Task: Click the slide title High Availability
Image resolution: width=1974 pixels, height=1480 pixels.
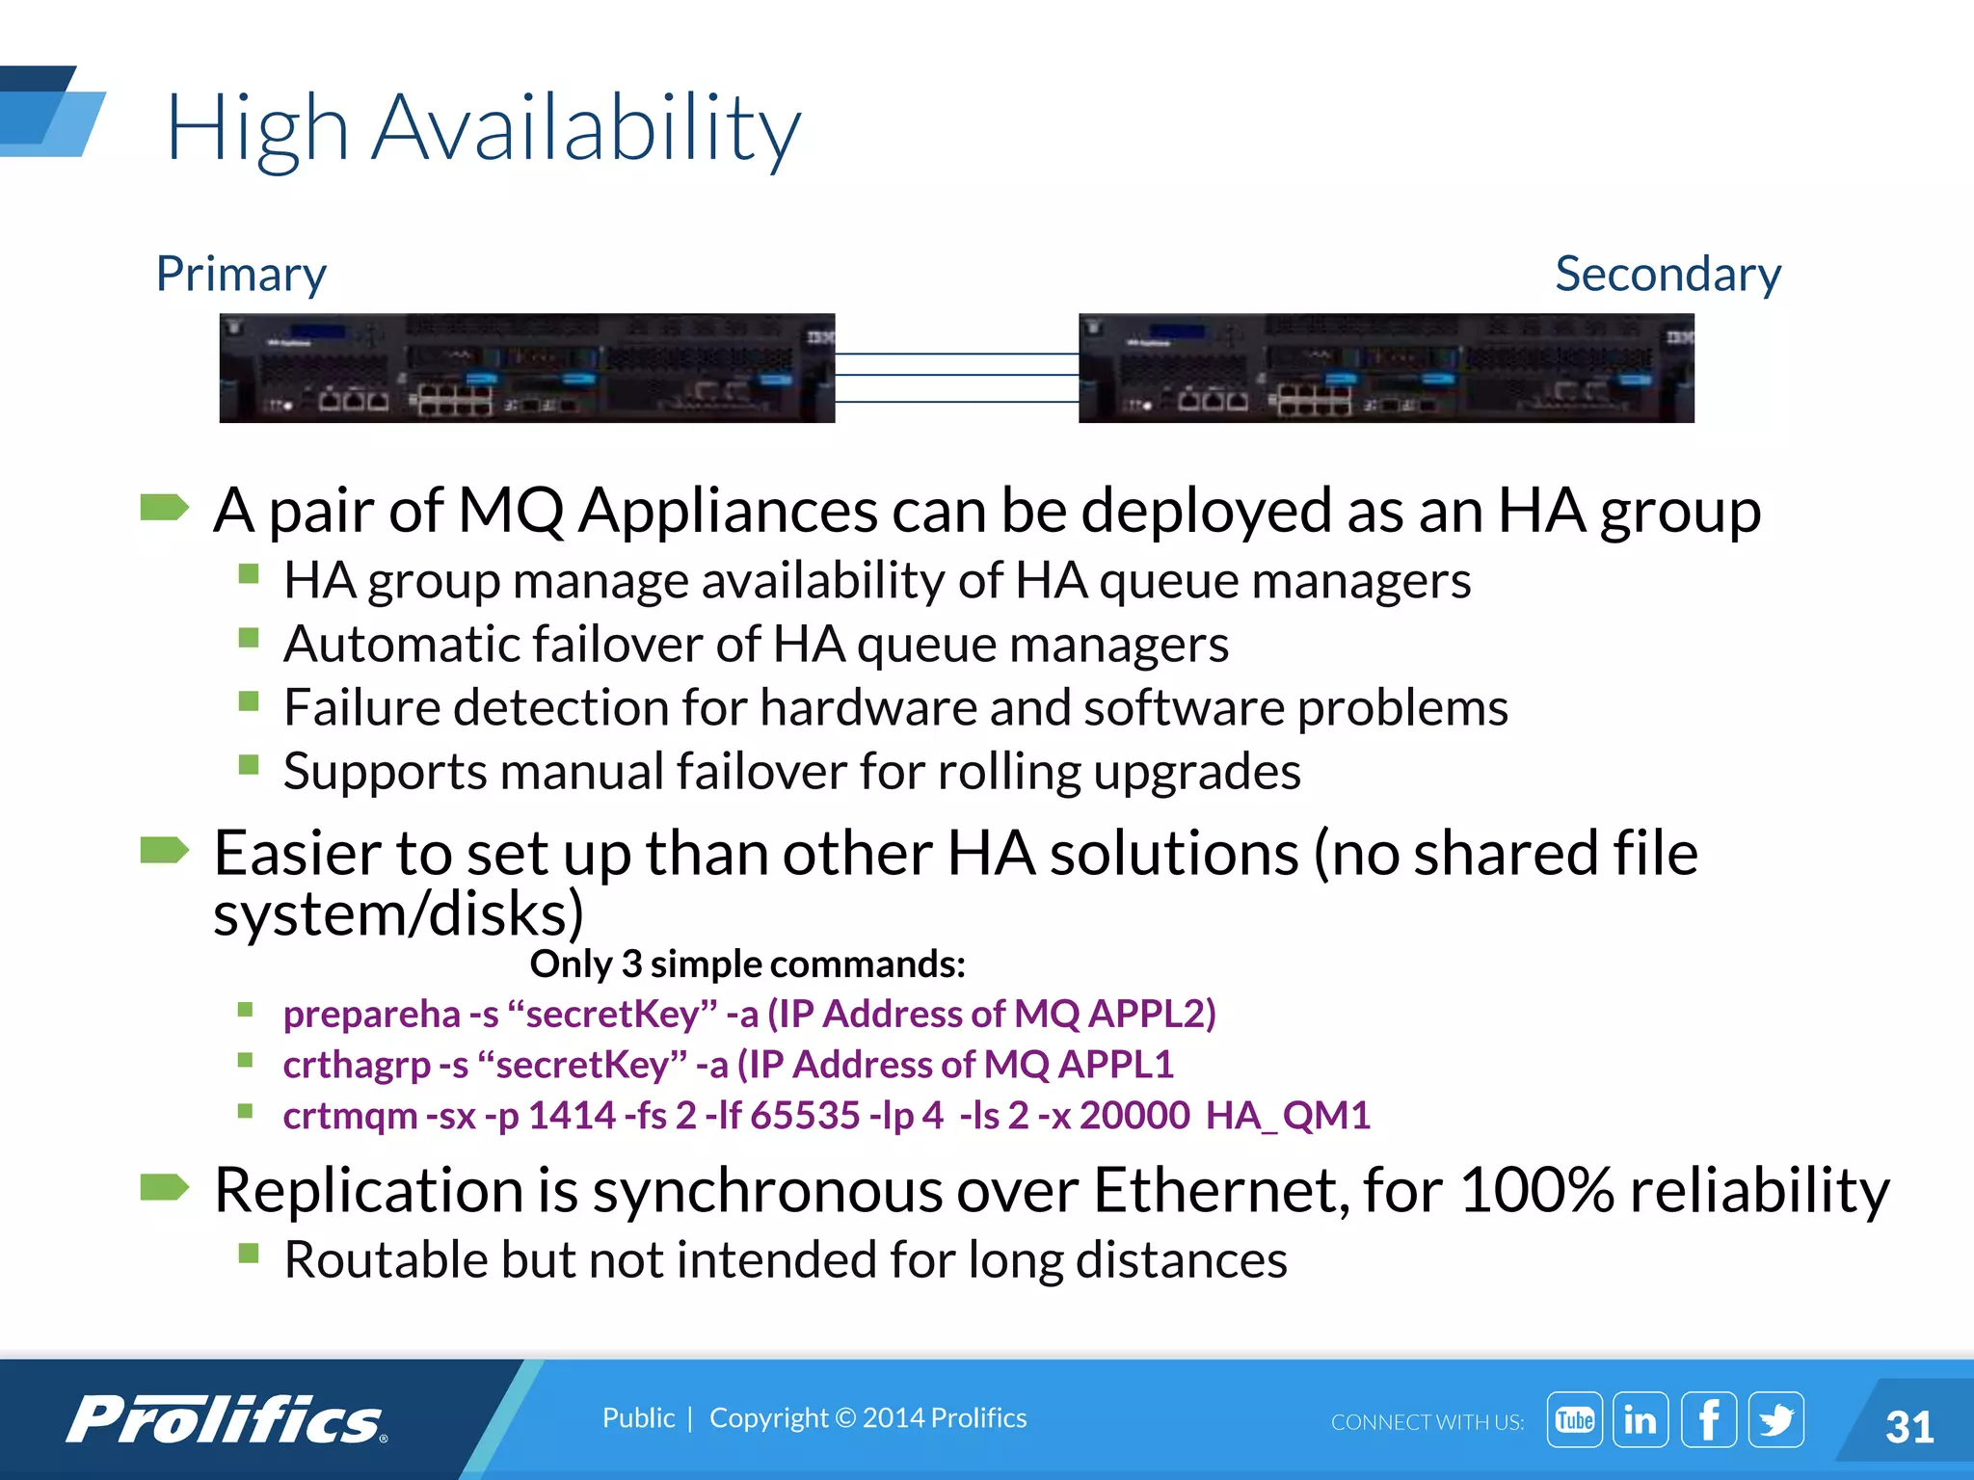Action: click(483, 128)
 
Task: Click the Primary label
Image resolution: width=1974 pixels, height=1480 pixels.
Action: click(241, 275)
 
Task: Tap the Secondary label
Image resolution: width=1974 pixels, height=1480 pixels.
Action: click(1667, 275)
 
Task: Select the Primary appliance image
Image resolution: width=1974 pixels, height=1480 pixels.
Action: click(526, 368)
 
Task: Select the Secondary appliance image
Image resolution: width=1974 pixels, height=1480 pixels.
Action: click(1386, 368)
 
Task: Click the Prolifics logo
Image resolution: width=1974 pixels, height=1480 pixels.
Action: click(227, 1420)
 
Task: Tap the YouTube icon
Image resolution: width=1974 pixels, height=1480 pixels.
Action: click(1574, 1419)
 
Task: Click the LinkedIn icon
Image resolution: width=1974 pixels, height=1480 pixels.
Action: click(1641, 1419)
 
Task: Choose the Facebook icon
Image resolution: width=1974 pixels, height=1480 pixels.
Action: click(1708, 1419)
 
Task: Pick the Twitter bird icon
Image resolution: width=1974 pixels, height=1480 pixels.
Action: click(1775, 1419)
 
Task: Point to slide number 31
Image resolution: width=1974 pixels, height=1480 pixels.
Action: click(1909, 1427)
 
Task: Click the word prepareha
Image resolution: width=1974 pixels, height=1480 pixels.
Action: click(372, 1014)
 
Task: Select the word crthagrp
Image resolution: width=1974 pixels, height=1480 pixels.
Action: click(357, 1065)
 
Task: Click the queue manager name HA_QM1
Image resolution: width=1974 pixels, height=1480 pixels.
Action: click(1288, 1116)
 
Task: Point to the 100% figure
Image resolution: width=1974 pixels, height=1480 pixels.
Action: click(1536, 1190)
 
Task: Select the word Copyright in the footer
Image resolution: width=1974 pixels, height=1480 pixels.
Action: click(768, 1418)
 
